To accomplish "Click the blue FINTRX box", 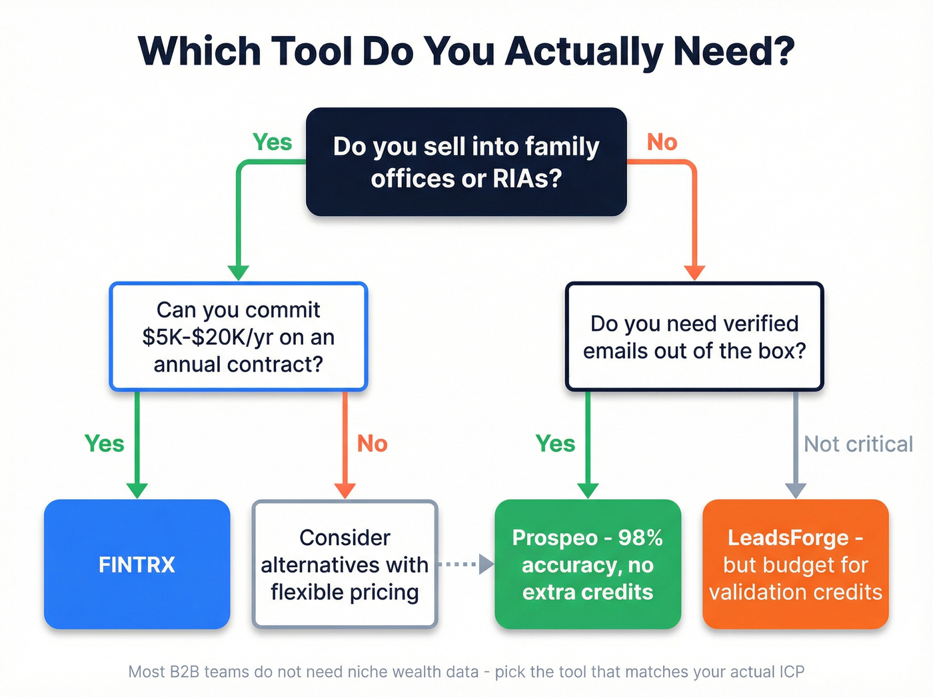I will tap(137, 564).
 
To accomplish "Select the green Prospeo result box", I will tap(588, 564).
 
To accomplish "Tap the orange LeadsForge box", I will tap(796, 564).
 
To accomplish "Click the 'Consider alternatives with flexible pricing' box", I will tap(345, 564).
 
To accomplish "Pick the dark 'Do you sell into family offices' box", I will tap(466, 162).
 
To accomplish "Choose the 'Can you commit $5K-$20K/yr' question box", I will tap(238, 337).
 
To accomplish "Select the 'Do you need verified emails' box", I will tap(694, 337).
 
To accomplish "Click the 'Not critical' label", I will tap(858, 444).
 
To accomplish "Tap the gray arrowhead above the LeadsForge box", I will tap(796, 490).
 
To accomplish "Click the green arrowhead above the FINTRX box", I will tap(137, 490).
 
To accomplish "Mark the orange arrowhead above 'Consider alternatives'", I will tap(345, 490).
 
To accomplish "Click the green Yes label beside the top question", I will tap(272, 142).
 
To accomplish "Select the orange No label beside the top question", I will tap(662, 142).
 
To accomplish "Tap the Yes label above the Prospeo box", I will tap(555, 444).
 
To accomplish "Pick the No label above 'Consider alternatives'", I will tap(372, 444).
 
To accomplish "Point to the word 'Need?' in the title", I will tap(734, 51).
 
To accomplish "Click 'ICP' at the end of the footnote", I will tap(792, 672).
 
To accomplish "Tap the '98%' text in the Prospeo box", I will tap(640, 538).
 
